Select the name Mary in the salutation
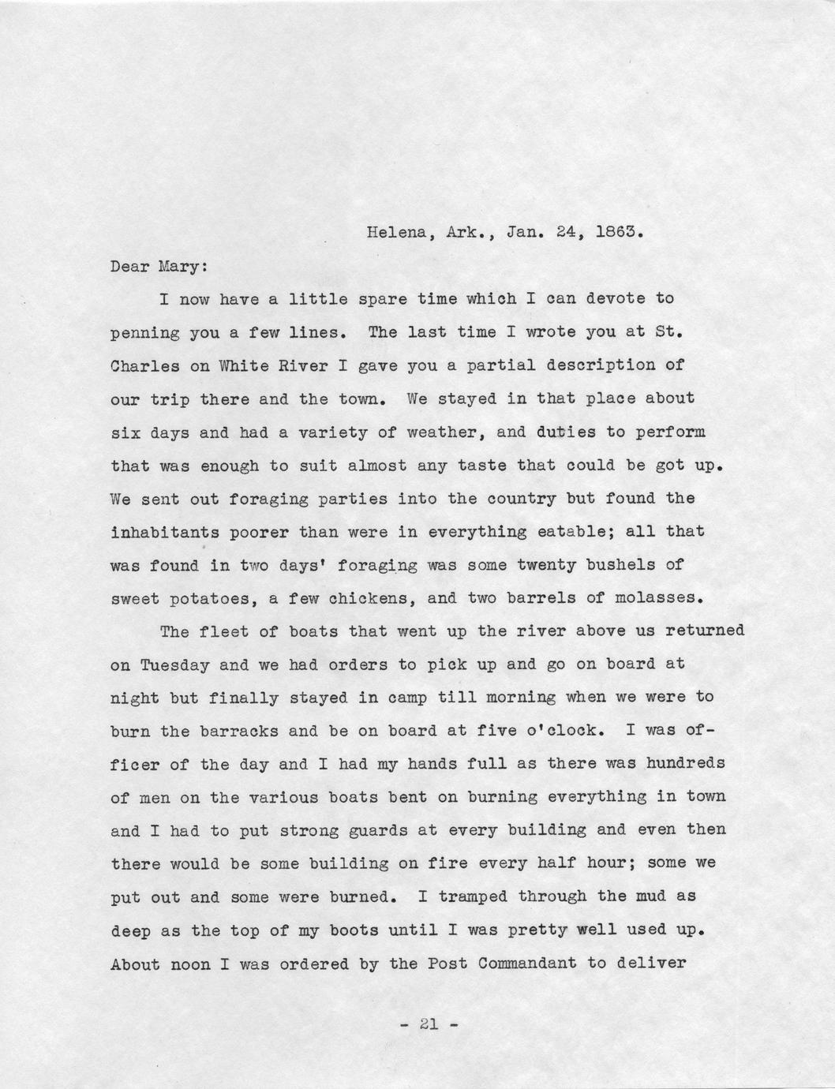pos(184,266)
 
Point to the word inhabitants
pos(165,531)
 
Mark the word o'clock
pos(565,731)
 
